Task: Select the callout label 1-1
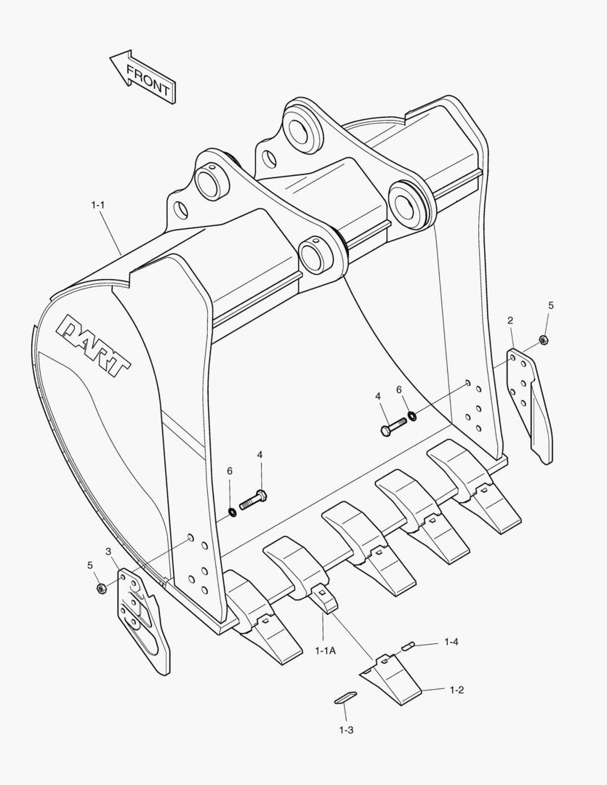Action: (x=98, y=206)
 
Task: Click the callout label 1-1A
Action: (x=326, y=651)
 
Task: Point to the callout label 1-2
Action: (x=457, y=690)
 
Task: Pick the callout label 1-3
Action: (x=346, y=729)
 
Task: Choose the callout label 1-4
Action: (x=451, y=642)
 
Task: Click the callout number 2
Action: (x=510, y=321)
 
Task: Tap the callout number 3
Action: (x=108, y=552)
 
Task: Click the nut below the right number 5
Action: (x=543, y=339)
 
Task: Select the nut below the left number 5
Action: (x=101, y=588)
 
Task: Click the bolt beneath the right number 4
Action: (x=393, y=426)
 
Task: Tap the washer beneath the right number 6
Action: (x=412, y=416)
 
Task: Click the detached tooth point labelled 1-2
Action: (x=393, y=680)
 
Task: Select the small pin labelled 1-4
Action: (x=409, y=644)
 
